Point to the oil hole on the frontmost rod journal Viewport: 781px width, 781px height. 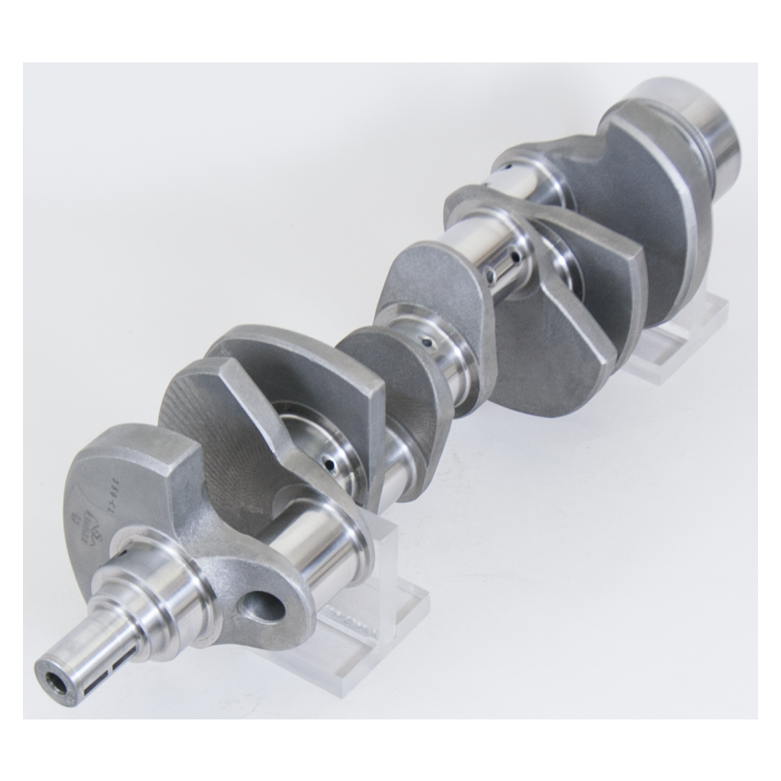coord(328,465)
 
